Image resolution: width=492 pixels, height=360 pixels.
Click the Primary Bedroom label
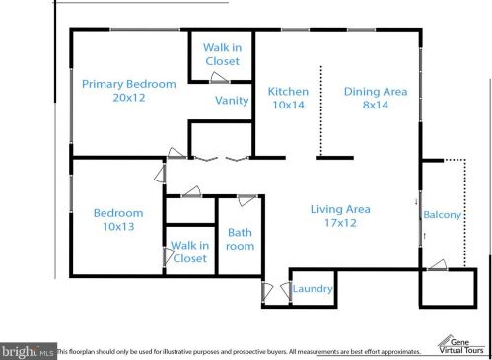(x=129, y=84)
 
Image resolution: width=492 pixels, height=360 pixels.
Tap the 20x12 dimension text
(x=129, y=98)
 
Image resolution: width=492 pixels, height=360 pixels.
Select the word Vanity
(x=232, y=101)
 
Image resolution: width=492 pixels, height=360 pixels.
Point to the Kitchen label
(x=288, y=91)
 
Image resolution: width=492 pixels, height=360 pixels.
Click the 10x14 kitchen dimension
(x=288, y=105)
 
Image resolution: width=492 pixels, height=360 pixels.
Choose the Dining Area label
(x=376, y=91)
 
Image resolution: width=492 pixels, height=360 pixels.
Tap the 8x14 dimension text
(x=376, y=105)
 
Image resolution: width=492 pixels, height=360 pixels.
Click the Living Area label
(x=340, y=209)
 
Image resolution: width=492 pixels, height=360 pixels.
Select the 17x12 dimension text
(x=340, y=223)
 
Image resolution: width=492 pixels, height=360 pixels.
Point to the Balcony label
(x=443, y=215)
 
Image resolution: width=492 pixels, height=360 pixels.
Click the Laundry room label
(x=313, y=289)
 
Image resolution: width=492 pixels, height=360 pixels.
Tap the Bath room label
(x=240, y=239)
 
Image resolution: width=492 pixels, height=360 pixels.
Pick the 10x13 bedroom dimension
(x=118, y=226)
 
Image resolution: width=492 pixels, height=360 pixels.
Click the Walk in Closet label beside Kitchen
(x=223, y=54)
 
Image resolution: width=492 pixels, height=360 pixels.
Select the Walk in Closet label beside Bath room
(x=190, y=252)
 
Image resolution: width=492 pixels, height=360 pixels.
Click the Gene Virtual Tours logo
(x=460, y=345)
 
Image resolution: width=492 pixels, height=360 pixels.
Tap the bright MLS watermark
(x=28, y=351)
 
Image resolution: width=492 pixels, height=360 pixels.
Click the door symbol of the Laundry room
(x=286, y=291)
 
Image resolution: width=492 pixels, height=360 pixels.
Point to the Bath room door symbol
(x=247, y=200)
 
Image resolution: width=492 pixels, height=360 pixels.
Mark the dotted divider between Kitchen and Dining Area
(x=321, y=110)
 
